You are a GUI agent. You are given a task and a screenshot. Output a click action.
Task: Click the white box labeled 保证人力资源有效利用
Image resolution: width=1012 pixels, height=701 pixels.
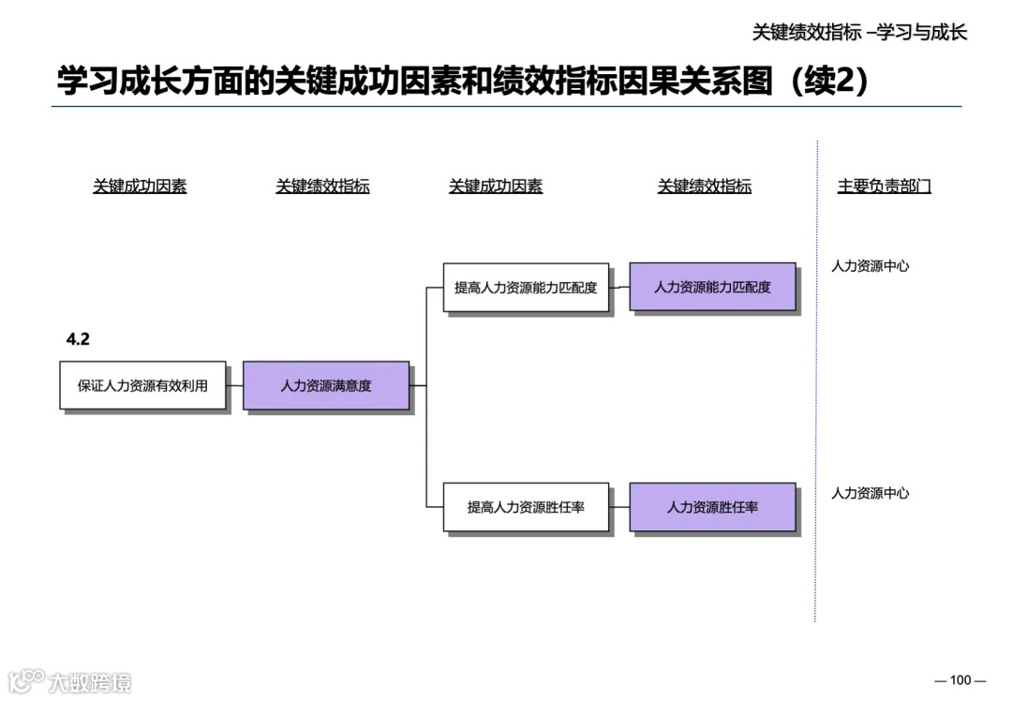142,385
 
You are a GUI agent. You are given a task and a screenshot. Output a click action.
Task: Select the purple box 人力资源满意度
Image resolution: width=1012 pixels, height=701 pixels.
325,385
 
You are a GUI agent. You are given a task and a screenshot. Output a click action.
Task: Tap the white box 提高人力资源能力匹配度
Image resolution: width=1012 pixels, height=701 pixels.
526,288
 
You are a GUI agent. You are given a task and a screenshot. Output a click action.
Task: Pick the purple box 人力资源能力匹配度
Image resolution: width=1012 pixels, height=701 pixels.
712,287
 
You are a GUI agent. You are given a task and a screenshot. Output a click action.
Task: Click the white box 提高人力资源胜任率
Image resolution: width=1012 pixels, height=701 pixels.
526,507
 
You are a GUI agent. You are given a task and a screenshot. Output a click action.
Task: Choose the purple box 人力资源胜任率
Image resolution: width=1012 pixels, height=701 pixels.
712,507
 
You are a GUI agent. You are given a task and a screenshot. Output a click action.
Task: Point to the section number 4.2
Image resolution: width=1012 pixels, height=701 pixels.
78,340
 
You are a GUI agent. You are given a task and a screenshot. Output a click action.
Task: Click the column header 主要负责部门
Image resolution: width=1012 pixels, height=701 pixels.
884,186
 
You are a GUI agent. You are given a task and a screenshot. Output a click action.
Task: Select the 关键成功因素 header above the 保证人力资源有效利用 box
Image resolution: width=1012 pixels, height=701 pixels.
140,186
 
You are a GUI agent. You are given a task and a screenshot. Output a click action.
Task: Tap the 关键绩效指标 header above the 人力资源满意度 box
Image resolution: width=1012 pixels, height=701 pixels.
322,186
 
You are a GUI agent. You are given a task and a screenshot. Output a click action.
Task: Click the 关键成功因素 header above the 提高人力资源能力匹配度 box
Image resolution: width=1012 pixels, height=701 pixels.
496,186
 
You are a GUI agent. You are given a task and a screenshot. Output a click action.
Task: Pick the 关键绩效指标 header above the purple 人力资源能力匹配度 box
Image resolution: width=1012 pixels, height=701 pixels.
705,186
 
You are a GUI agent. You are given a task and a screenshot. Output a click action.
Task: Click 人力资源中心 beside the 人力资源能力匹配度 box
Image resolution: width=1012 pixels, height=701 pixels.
870,266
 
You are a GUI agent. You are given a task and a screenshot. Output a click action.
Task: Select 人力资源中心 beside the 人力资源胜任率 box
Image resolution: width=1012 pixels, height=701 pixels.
870,494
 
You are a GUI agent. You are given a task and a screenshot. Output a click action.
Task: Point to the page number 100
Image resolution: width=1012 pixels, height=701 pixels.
960,680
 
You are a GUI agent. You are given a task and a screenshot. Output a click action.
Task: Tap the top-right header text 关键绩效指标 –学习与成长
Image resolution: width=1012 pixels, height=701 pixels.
859,32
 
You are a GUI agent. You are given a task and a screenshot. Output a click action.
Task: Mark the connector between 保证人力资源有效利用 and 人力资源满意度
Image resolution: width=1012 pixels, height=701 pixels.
234,385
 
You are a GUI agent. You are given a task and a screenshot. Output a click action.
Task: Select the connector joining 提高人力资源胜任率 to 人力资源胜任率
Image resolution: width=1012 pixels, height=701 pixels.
619,507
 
